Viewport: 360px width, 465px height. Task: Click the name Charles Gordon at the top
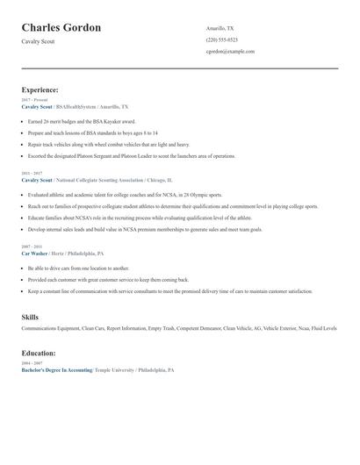(61, 27)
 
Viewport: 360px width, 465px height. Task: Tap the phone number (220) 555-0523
(221, 39)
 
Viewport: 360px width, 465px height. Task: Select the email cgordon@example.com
(230, 51)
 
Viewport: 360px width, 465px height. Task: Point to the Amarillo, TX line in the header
(220, 28)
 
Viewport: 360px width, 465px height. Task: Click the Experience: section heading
(40, 89)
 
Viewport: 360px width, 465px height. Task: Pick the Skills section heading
(30, 316)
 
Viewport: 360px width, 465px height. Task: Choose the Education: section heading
(39, 353)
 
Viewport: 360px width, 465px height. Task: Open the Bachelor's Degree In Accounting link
(56, 370)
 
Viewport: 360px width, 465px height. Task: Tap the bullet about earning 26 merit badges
(82, 121)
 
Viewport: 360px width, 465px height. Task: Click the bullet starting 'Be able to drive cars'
(78, 268)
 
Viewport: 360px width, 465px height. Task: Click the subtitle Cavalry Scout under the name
(38, 41)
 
